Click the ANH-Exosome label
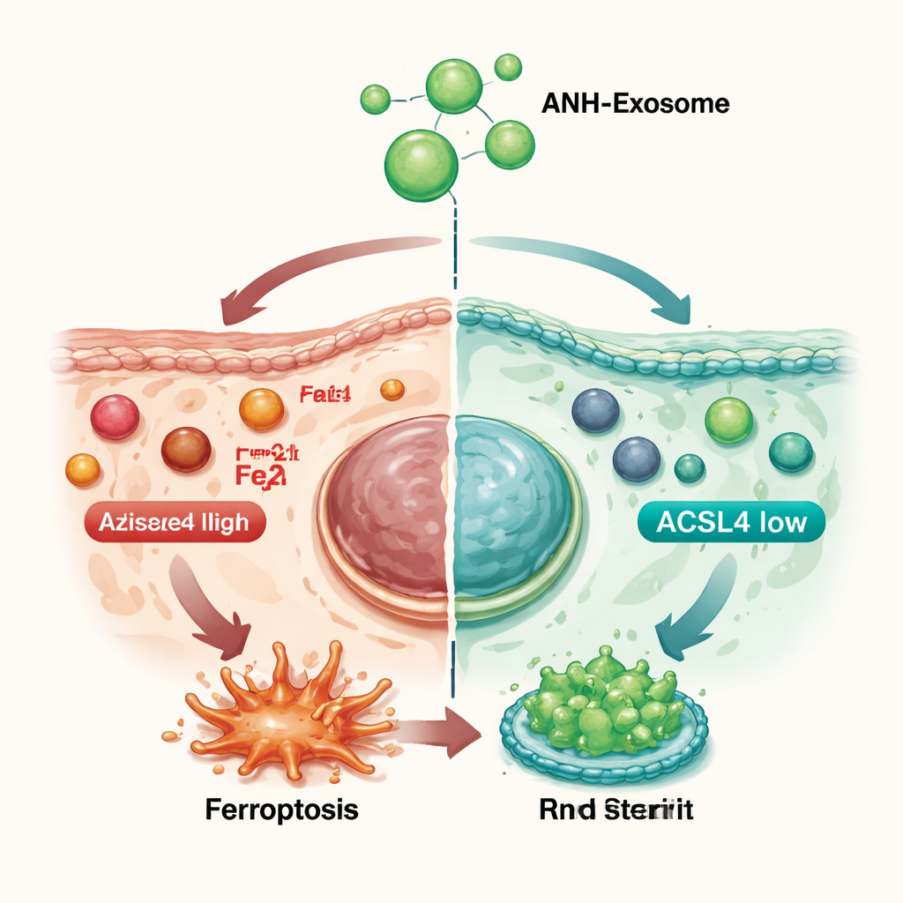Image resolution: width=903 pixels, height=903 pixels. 635,104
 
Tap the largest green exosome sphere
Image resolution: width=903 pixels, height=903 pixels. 422,164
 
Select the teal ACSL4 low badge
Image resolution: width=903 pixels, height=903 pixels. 730,523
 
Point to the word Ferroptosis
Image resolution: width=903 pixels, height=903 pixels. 281,810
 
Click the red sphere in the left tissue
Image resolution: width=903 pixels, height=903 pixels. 115,417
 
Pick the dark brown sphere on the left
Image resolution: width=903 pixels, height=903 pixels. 186,450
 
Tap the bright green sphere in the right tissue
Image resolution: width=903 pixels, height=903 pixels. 728,420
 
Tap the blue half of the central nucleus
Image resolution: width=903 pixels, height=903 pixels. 511,507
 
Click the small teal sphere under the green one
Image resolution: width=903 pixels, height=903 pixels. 689,467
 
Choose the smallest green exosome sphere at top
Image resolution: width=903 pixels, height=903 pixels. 508,66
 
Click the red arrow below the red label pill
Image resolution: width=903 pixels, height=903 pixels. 212,608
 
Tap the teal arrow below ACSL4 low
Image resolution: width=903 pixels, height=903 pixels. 697,608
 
